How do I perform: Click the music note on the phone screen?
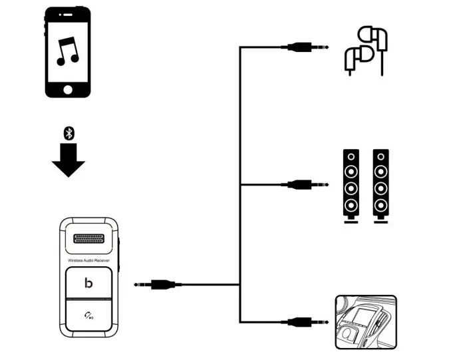coord(68,51)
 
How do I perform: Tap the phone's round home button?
coord(68,89)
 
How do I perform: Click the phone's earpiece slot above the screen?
coord(68,14)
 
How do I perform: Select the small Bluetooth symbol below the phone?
coord(68,133)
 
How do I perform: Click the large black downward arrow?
coord(68,160)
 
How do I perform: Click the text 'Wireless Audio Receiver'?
coord(88,260)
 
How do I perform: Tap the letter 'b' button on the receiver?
coord(88,283)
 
